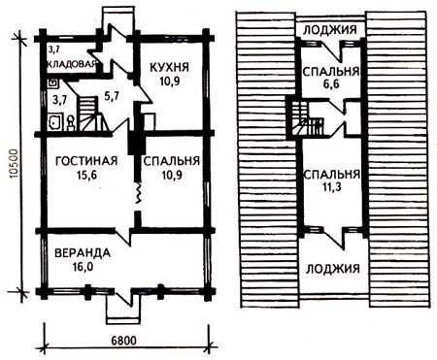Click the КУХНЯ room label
click(x=169, y=67)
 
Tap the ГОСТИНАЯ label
click(x=86, y=161)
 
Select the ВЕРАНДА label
click(x=83, y=253)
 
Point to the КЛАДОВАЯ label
click(x=72, y=64)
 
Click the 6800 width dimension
click(x=123, y=341)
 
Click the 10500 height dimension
click(x=14, y=163)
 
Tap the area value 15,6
click(x=86, y=175)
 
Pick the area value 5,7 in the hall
click(x=112, y=95)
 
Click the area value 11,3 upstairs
click(x=332, y=187)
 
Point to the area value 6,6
click(x=331, y=84)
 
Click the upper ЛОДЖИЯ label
click(x=330, y=30)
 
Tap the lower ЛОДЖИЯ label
click(x=333, y=269)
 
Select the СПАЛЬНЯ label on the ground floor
click(x=172, y=161)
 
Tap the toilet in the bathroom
click(x=71, y=123)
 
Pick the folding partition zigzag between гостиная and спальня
click(x=139, y=193)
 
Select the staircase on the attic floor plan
click(x=306, y=118)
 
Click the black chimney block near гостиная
click(x=136, y=144)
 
